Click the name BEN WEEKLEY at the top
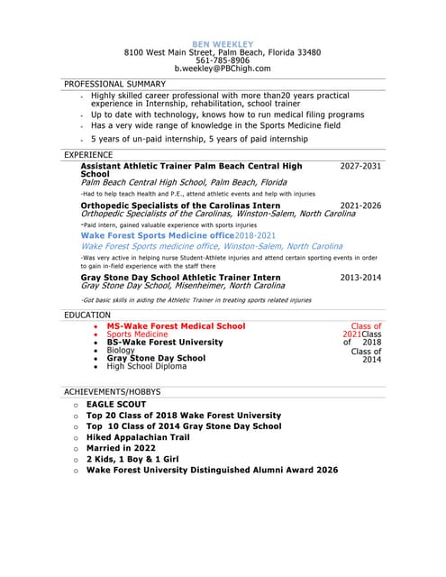[223, 44]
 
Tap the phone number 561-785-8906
[223, 60]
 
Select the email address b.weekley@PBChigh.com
[223, 69]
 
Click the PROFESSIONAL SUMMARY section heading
[114, 84]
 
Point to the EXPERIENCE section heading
[88, 155]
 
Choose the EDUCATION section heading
[87, 315]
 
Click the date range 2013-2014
[360, 278]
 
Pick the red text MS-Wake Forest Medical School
[176, 326]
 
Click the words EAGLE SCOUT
[115, 406]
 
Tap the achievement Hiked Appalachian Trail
[138, 437]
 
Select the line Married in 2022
[121, 448]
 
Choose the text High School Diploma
[149, 367]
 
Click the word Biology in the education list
[120, 351]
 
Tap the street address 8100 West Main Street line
[223, 52]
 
